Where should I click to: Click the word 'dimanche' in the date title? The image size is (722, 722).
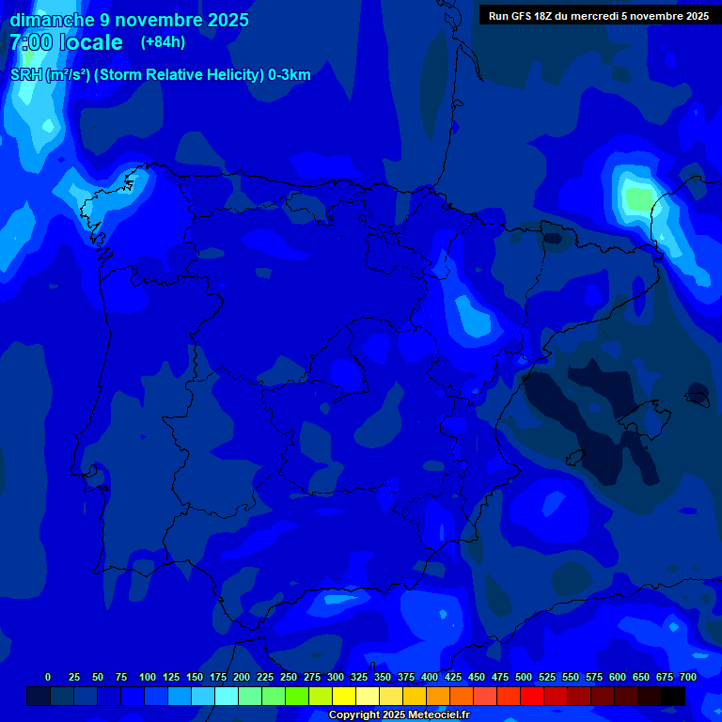[x=52, y=20]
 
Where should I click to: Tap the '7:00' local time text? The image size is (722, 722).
[x=30, y=42]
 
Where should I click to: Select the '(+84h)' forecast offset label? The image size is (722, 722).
[x=163, y=41]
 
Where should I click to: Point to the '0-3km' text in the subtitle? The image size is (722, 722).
[x=289, y=75]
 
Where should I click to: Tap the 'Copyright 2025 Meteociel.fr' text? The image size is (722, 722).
[x=399, y=715]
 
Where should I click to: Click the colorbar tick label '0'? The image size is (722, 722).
[x=48, y=677]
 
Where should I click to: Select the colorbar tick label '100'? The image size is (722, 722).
[x=148, y=677]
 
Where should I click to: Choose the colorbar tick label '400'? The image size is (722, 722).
[x=430, y=677]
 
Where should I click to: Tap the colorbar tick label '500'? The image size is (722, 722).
[x=524, y=677]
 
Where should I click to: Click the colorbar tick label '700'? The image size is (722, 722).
[x=688, y=677]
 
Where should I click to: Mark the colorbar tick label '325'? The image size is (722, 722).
[x=359, y=677]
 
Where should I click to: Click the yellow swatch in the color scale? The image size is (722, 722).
[x=344, y=696]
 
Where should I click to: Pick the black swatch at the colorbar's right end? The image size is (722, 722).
[x=673, y=696]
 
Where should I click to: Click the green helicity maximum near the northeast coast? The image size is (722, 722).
[x=638, y=198]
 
